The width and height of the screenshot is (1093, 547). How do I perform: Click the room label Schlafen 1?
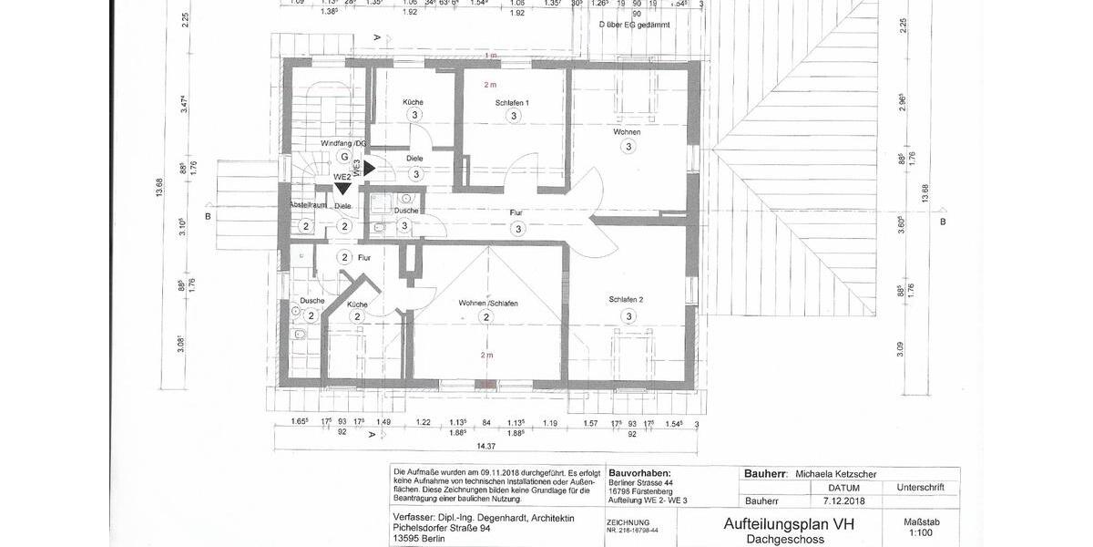(x=512, y=102)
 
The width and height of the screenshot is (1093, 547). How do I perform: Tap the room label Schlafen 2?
(x=627, y=300)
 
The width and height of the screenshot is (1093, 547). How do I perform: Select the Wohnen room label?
(x=627, y=133)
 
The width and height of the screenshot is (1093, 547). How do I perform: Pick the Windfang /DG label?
(x=343, y=144)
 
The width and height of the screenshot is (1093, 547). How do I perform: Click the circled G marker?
(x=344, y=157)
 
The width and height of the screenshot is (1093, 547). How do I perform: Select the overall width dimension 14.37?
(x=485, y=446)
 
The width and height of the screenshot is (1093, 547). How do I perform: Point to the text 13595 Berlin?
(x=419, y=539)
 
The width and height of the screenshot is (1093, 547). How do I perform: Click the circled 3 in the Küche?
(x=414, y=115)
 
